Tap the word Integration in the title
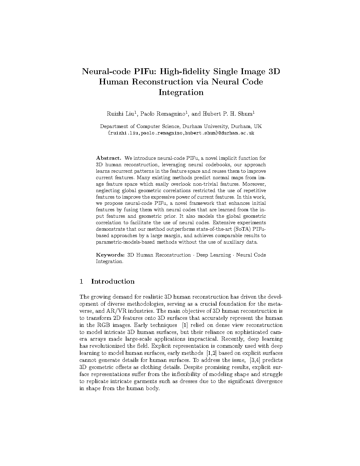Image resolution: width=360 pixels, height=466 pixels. pos(181,92)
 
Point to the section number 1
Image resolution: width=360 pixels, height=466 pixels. pos(81,282)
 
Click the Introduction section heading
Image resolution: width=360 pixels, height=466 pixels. pos(113,282)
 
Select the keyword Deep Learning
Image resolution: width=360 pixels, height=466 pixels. pos(214,255)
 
